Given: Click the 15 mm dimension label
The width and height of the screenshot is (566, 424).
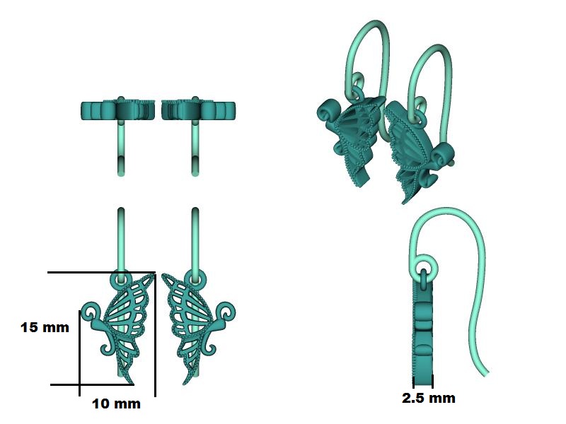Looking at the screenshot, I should point(45,328).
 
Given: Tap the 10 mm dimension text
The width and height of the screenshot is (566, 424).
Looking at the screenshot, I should point(116,404).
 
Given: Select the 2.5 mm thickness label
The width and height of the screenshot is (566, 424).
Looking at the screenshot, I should point(429,398).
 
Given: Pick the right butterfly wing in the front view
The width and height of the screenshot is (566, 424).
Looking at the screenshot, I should point(185,318).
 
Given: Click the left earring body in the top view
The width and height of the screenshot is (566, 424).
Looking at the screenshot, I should point(117,111).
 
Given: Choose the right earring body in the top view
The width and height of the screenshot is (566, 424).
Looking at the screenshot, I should point(198,111).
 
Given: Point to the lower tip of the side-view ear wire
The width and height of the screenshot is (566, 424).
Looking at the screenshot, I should point(486,372).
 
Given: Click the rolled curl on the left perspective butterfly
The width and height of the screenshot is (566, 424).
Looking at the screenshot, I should point(329,111).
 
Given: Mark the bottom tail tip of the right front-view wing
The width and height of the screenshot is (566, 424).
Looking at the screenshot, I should point(187,382).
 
